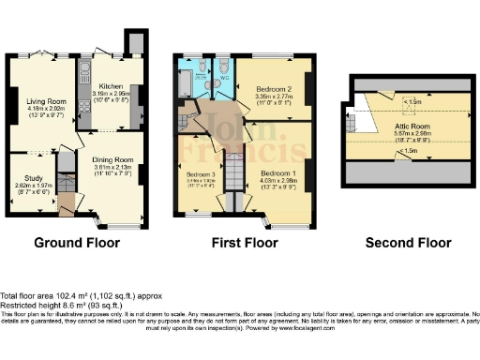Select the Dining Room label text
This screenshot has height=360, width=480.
click(x=113, y=159)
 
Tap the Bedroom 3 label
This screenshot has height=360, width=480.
click(x=202, y=175)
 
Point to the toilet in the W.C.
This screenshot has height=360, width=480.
click(x=223, y=67)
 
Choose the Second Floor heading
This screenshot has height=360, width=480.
click(x=407, y=243)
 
